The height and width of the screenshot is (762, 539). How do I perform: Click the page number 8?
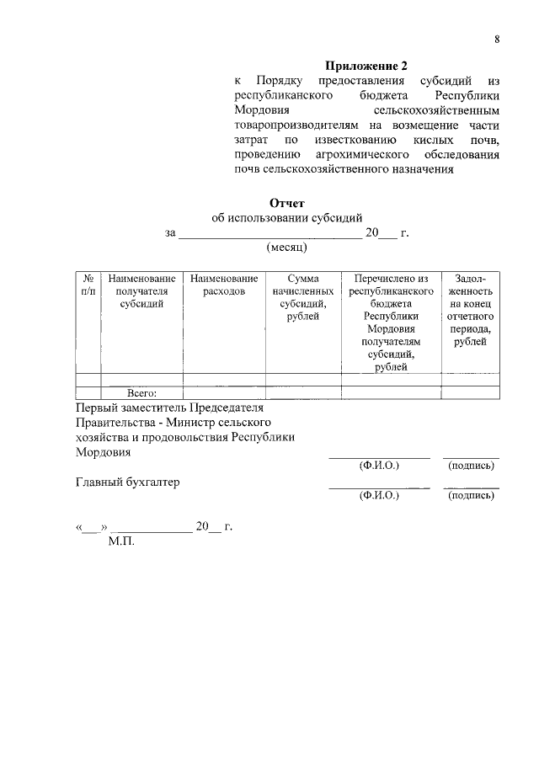pos(497,40)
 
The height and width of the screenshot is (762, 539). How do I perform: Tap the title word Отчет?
pos(286,203)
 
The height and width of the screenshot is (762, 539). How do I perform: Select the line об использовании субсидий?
pos(286,218)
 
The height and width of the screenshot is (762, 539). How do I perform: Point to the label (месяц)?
pos(287,248)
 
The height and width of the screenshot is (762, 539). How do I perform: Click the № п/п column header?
pos(88,284)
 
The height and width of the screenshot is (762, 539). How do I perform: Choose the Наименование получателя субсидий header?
pos(141,290)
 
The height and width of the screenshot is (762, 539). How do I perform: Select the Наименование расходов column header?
pos(223,284)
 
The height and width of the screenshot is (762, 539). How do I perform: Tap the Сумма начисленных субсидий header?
pos(302,296)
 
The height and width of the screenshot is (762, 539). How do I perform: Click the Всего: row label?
pos(141,392)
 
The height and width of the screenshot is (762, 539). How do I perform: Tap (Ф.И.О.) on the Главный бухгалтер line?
pos(378,496)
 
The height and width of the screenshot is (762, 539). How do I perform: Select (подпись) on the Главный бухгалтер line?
pos(472,496)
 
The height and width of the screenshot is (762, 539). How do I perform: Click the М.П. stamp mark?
pos(121,541)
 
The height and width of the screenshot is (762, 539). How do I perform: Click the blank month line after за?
pos(269,233)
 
